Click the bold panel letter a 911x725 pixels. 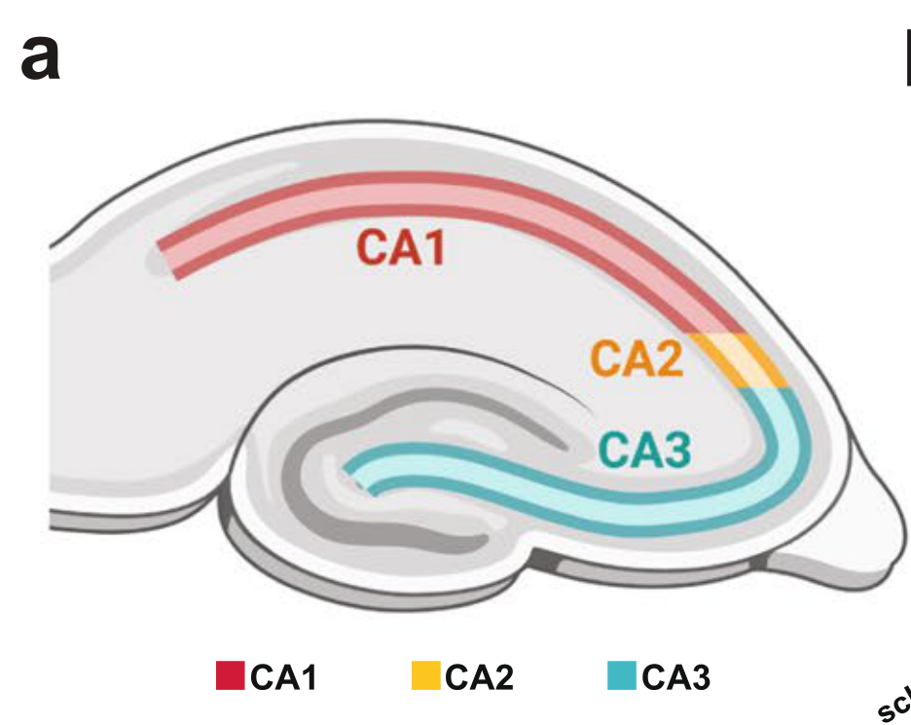(x=40, y=57)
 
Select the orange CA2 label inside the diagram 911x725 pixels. (x=637, y=359)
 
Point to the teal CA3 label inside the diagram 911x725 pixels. (x=644, y=451)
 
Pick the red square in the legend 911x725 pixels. (x=230, y=674)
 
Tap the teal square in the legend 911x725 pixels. (x=621, y=674)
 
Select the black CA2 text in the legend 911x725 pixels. (x=479, y=676)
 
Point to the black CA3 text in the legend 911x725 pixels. (x=675, y=676)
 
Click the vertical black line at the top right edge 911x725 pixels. (x=907, y=56)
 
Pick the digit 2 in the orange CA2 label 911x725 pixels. (x=671, y=359)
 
